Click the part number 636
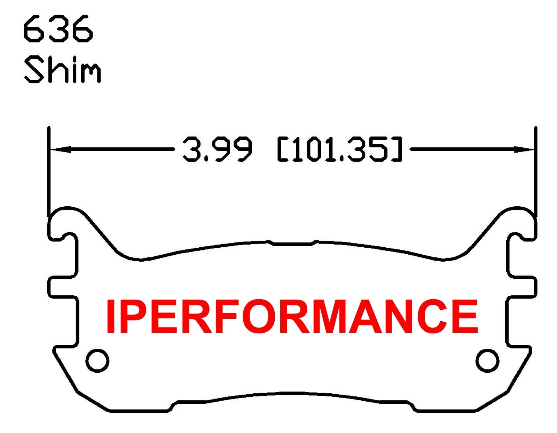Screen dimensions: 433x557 58,29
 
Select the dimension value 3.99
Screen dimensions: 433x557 217,150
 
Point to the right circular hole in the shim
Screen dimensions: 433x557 487,360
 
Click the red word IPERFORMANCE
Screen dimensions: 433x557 292,316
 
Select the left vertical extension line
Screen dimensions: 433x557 49,171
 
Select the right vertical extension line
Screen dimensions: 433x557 535,171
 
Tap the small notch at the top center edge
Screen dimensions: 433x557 292,242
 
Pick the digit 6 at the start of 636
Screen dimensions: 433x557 33,29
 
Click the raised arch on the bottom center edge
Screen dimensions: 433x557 292,395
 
